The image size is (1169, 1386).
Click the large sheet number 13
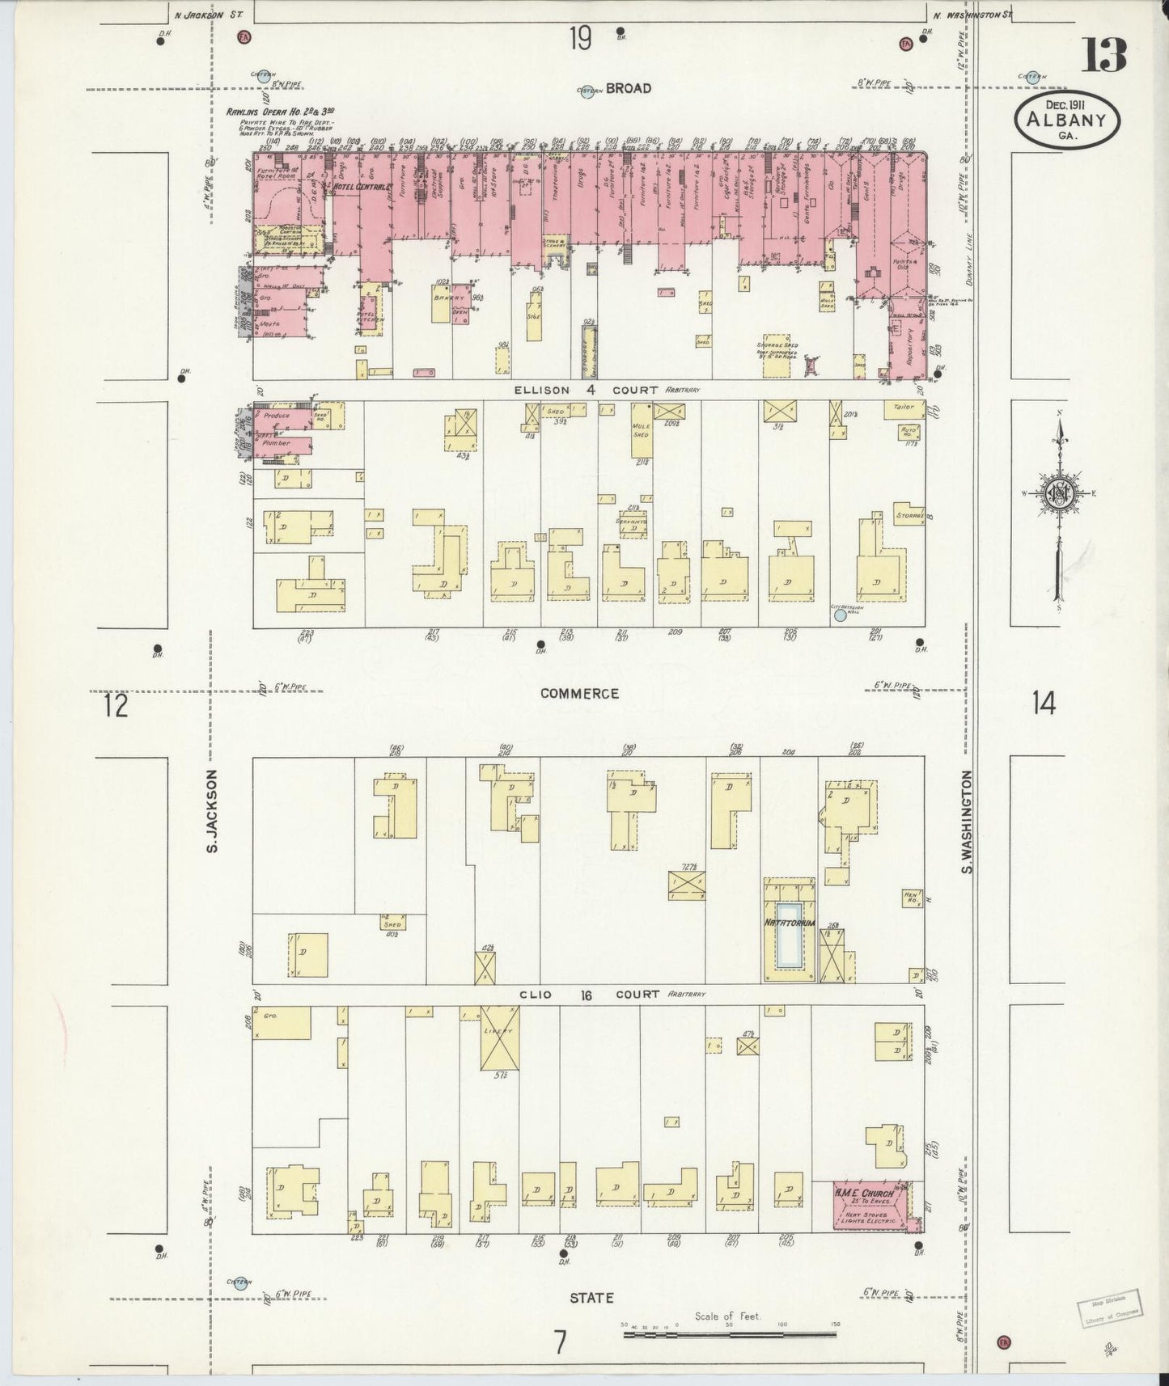(x=1103, y=54)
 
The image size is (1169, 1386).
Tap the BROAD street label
(x=628, y=88)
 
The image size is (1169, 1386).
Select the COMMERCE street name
(x=579, y=693)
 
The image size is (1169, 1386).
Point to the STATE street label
(x=591, y=1297)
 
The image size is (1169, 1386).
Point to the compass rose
(x=1058, y=495)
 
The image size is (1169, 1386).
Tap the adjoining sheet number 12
(x=116, y=705)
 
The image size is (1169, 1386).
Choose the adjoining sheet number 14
(x=1044, y=704)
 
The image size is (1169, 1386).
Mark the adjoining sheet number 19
(x=579, y=38)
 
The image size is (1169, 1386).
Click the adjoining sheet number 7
(x=560, y=1342)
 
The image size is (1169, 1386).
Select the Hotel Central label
(x=362, y=188)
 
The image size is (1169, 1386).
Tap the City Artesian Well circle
(x=841, y=615)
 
